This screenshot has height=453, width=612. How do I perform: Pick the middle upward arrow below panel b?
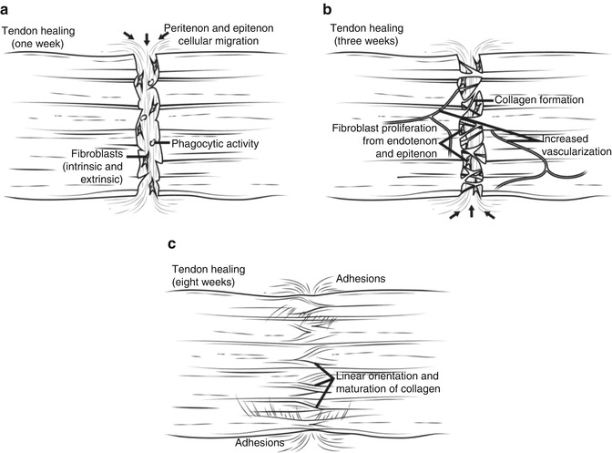[472, 213]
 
